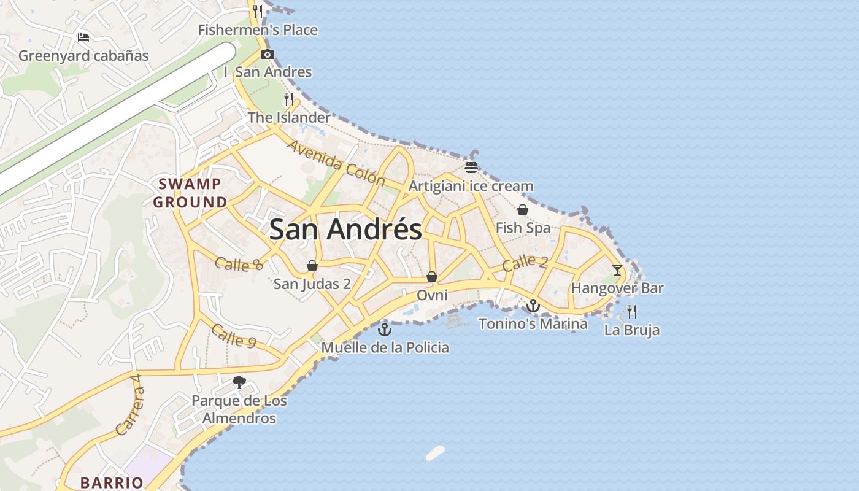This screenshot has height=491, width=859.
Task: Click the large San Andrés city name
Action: [345, 230]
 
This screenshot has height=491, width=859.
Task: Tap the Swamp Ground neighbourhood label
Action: [190, 193]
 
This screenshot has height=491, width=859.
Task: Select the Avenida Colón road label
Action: [336, 163]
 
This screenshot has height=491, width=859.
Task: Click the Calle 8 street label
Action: [239, 264]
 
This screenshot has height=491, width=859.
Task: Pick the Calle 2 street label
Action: [525, 263]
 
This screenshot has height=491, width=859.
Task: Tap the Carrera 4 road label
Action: [130, 411]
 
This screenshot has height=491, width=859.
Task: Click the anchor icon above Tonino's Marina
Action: [533, 305]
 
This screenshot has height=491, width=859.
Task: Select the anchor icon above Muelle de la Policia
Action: [384, 330]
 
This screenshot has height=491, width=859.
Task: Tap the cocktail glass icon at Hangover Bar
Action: [617, 270]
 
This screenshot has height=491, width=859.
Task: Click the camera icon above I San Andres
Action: [267, 54]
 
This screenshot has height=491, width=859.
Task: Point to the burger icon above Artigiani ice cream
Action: [471, 168]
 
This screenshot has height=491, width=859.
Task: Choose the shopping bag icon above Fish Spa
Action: [523, 210]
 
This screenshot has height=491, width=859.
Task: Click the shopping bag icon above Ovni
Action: [432, 277]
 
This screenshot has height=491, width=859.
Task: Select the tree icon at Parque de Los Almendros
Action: [239, 382]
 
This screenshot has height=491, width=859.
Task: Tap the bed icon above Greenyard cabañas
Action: [83, 37]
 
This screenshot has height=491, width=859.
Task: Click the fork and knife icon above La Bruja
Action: [632, 312]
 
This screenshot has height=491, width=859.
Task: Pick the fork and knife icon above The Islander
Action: [289, 99]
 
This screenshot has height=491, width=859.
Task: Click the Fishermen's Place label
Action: [258, 29]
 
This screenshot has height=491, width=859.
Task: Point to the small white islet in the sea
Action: [435, 453]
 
